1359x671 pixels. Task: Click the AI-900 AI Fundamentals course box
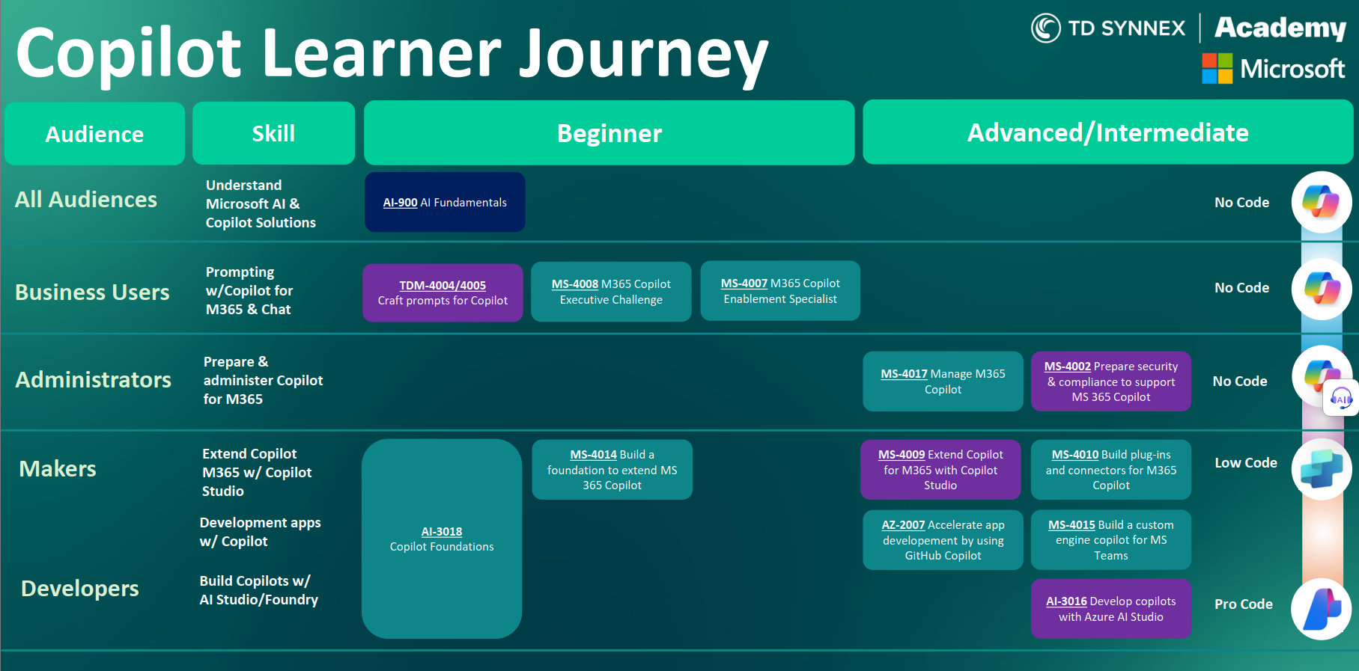coord(445,202)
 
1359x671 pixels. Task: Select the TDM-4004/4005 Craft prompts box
coord(443,292)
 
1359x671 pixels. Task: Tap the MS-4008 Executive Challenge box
coord(611,292)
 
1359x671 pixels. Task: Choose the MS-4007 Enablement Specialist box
coord(780,291)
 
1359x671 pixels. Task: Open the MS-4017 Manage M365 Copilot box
coord(943,382)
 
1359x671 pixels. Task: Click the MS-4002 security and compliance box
coord(1111,382)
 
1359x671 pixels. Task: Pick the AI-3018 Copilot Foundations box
coord(442,539)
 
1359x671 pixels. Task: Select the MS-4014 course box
coord(612,470)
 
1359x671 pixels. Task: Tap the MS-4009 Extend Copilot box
coord(940,470)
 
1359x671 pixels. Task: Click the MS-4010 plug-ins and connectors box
coord(1111,470)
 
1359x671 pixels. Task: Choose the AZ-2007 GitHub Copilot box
coord(943,540)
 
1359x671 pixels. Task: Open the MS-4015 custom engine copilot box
coord(1111,540)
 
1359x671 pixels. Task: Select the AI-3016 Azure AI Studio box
coord(1111,609)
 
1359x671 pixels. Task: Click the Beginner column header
coord(609,132)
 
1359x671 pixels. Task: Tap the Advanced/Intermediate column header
coord(1108,132)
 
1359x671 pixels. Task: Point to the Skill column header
coord(273,133)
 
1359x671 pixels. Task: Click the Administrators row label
coord(94,380)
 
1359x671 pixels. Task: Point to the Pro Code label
coord(1244,604)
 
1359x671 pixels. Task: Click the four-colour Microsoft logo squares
coord(1217,68)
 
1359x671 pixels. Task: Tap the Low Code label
coord(1246,463)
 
